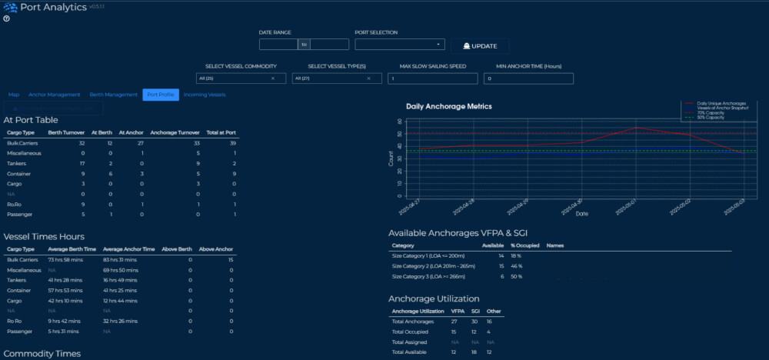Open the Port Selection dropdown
pyautogui.click(x=400, y=45)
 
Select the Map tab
pyautogui.click(x=14, y=95)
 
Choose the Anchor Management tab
pyautogui.click(x=54, y=95)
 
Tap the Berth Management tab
pyautogui.click(x=113, y=95)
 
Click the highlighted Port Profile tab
pyautogui.click(x=160, y=95)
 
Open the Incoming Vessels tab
pyautogui.click(x=205, y=95)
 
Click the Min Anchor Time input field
pyautogui.click(x=529, y=78)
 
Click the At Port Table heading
pyautogui.click(x=31, y=120)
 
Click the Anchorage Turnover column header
pyautogui.click(x=175, y=132)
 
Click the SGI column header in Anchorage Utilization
pyautogui.click(x=474, y=311)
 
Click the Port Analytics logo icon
pyautogui.click(x=10, y=7)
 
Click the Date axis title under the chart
pyautogui.click(x=583, y=215)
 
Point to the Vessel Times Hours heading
pyautogui.click(x=44, y=237)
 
